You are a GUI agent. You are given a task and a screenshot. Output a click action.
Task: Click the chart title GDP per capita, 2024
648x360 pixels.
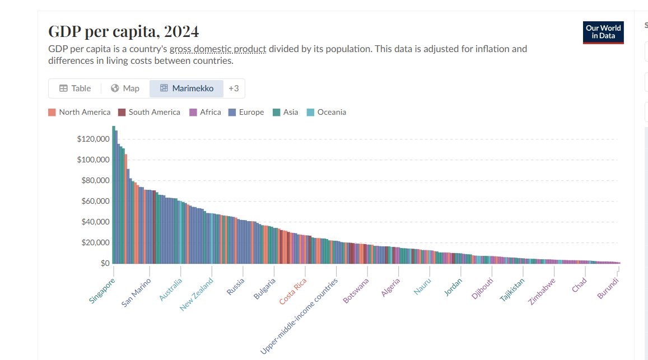click(123, 31)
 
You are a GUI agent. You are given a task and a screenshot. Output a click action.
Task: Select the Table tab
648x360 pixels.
click(75, 88)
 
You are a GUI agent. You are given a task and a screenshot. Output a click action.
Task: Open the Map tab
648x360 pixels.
click(125, 88)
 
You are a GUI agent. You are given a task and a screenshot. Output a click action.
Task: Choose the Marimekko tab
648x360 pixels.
click(187, 88)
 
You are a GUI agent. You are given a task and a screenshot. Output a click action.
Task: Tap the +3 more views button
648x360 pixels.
click(234, 88)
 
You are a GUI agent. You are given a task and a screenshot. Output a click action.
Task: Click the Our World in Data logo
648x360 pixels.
click(603, 32)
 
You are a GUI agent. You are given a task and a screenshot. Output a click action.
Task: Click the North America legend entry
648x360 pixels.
click(80, 112)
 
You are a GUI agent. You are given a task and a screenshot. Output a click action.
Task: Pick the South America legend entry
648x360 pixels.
click(150, 112)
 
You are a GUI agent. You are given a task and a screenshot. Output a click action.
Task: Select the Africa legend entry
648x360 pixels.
click(206, 112)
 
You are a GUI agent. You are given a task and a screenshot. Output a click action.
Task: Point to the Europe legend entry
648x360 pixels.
click(246, 112)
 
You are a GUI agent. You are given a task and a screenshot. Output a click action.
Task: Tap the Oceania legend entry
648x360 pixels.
click(327, 112)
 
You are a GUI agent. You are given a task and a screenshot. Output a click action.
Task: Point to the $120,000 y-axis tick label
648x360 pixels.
click(93, 139)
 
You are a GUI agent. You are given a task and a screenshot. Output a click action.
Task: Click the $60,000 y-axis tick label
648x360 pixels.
click(95, 201)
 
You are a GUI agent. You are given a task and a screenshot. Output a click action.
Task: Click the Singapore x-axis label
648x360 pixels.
click(101, 292)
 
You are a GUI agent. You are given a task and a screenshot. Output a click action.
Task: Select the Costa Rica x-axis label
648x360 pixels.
click(293, 292)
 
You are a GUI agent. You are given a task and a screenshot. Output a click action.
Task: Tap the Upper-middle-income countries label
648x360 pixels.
click(300, 317)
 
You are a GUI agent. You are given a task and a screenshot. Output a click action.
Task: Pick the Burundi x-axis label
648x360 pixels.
click(608, 288)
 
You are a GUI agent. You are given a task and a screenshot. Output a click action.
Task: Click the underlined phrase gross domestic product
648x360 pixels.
click(218, 49)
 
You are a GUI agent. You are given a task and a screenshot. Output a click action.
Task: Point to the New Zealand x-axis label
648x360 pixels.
click(197, 294)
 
